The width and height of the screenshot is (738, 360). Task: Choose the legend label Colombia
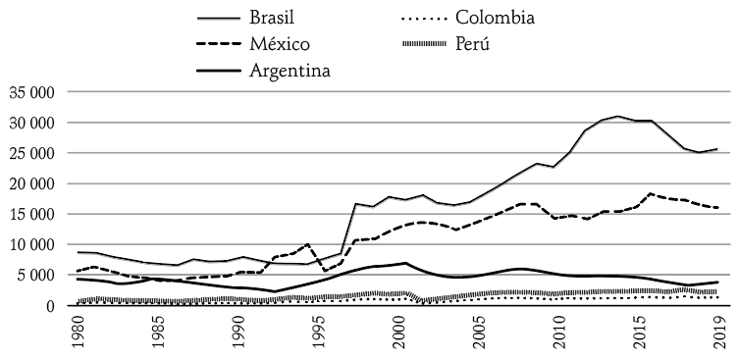504,18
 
